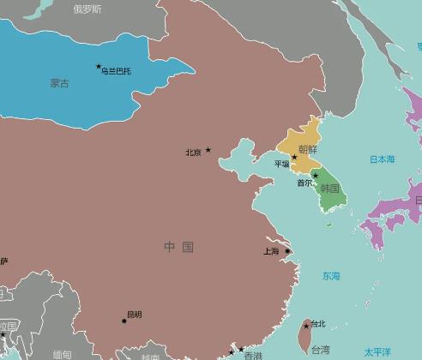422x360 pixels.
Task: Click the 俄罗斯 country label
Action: pyautogui.click(x=87, y=9)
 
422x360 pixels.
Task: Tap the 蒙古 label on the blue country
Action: pyautogui.click(x=60, y=83)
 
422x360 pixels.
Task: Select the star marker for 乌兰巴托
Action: pyautogui.click(x=99, y=66)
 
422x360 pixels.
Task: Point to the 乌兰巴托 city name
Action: pyautogui.click(x=117, y=70)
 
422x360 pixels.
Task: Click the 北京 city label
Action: pyautogui.click(x=193, y=153)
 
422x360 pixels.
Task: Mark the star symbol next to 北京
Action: pyautogui.click(x=208, y=150)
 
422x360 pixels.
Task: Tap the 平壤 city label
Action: pyautogui.click(x=281, y=164)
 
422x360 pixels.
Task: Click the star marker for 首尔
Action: pyautogui.click(x=315, y=176)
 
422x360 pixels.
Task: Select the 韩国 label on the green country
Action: pyautogui.click(x=330, y=188)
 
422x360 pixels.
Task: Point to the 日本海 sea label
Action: pyautogui.click(x=383, y=159)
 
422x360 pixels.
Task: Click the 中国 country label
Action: pyautogui.click(x=179, y=247)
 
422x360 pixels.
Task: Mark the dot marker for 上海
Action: pyautogui.click(x=287, y=251)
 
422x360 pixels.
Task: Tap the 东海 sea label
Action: pyautogui.click(x=331, y=276)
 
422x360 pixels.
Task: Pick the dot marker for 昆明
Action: pyautogui.click(x=124, y=321)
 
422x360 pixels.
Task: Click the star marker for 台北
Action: pyautogui.click(x=306, y=326)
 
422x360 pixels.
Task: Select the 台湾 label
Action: pyautogui.click(x=319, y=350)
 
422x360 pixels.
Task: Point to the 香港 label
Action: pyautogui.click(x=253, y=355)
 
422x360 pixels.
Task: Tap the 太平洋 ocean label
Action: pyautogui.click(x=377, y=351)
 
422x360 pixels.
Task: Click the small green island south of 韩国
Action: pyautogui.click(x=329, y=225)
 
